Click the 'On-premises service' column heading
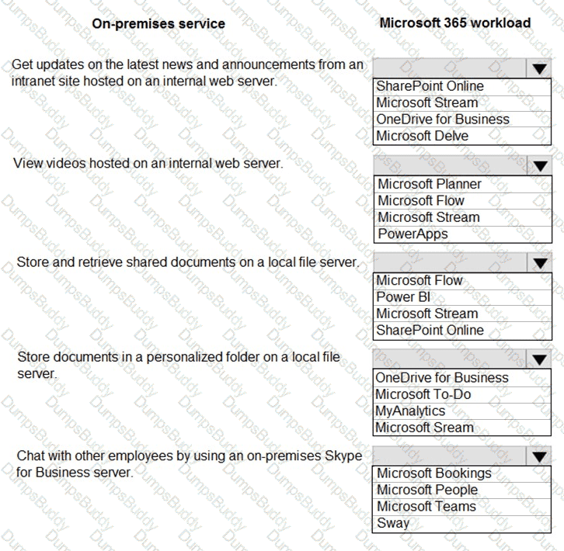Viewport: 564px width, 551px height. tap(158, 23)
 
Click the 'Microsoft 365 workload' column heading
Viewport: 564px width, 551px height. tap(454, 23)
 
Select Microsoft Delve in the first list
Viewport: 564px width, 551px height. tap(423, 136)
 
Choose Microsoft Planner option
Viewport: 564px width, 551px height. tap(430, 184)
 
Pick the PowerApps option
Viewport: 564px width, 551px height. tap(413, 234)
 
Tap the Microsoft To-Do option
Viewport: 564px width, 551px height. tap(423, 394)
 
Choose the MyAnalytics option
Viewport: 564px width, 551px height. tap(410, 411)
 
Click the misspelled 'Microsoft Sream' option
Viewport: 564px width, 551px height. tap(424, 427)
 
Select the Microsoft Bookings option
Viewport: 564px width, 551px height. tap(434, 473)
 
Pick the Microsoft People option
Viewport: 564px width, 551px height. tap(427, 490)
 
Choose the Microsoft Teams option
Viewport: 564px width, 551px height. tap(426, 506)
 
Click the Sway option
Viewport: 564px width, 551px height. tap(393, 522)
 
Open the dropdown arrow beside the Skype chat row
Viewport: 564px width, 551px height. tap(540, 456)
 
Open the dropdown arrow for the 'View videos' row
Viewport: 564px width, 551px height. tap(540, 165)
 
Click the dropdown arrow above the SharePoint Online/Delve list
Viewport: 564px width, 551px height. tap(540, 68)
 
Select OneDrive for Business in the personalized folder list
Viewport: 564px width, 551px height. tap(441, 378)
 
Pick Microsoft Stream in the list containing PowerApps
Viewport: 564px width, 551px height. tap(429, 217)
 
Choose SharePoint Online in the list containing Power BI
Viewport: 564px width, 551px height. tap(430, 330)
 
